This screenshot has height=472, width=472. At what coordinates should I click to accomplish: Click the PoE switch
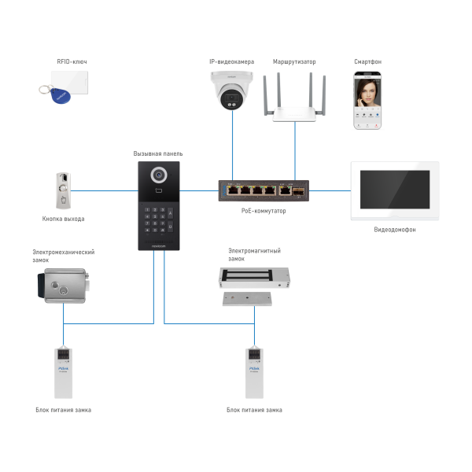(263, 190)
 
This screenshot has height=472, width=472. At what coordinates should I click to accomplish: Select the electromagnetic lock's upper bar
(254, 275)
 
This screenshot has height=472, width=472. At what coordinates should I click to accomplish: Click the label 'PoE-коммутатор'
(264, 211)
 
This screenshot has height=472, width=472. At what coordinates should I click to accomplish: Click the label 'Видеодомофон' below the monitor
(394, 230)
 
